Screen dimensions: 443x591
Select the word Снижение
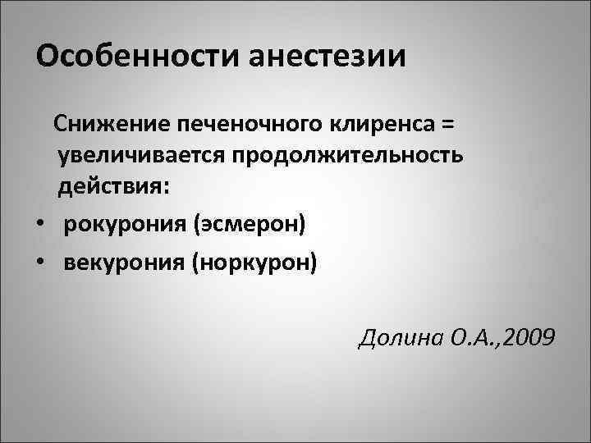click(102, 125)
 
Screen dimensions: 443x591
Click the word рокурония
click(123, 224)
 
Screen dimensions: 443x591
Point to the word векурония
click(123, 262)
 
